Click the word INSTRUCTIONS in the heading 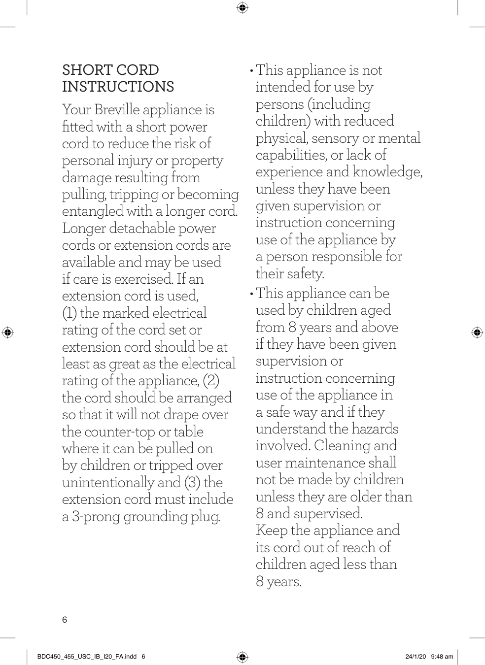coord(118,87)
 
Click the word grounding coord(153,517)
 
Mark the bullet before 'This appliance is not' coord(252,70)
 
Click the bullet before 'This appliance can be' coord(252,294)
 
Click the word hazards coord(375,429)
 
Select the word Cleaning coord(342,446)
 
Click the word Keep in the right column coord(271,531)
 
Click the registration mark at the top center coord(242,7)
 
